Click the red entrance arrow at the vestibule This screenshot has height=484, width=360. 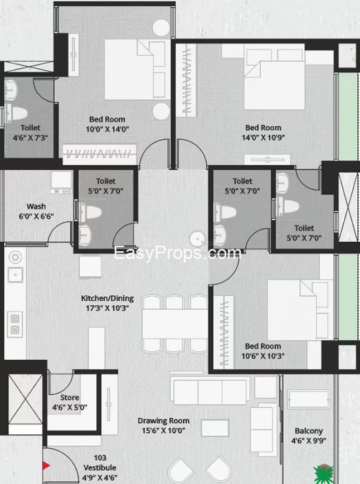pyautogui.click(x=46, y=466)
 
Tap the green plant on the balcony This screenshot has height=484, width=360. pyautogui.click(x=323, y=474)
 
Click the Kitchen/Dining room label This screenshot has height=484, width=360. pyautogui.click(x=107, y=298)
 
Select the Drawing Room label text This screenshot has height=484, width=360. pyautogui.click(x=163, y=421)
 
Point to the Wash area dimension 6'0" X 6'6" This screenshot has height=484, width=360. pyautogui.click(x=36, y=216)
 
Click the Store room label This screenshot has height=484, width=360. pyautogui.click(x=70, y=398)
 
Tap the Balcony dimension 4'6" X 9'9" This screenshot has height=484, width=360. pyautogui.click(x=308, y=441)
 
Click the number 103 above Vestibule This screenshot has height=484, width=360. pyautogui.click(x=100, y=458)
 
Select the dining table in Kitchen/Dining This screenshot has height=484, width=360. pyautogui.click(x=175, y=324)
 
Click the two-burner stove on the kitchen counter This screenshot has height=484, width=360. pyautogui.click(x=15, y=324)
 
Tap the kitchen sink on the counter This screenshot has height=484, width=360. pyautogui.click(x=15, y=275)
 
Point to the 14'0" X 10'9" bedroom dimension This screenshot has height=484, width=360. pyautogui.click(x=263, y=138)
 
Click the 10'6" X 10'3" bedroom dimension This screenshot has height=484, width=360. pyautogui.click(x=262, y=356)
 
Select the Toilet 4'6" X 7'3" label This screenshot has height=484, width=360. pyautogui.click(x=30, y=133)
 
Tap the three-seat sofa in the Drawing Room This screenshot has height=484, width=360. pyautogui.click(x=210, y=390)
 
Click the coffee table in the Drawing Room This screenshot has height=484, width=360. pyautogui.click(x=215, y=428)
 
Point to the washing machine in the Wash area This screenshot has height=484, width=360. pyautogui.click(x=61, y=183)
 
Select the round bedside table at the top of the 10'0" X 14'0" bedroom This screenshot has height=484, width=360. pyautogui.click(x=161, y=28)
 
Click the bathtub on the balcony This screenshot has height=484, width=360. pyautogui.click(x=308, y=399)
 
